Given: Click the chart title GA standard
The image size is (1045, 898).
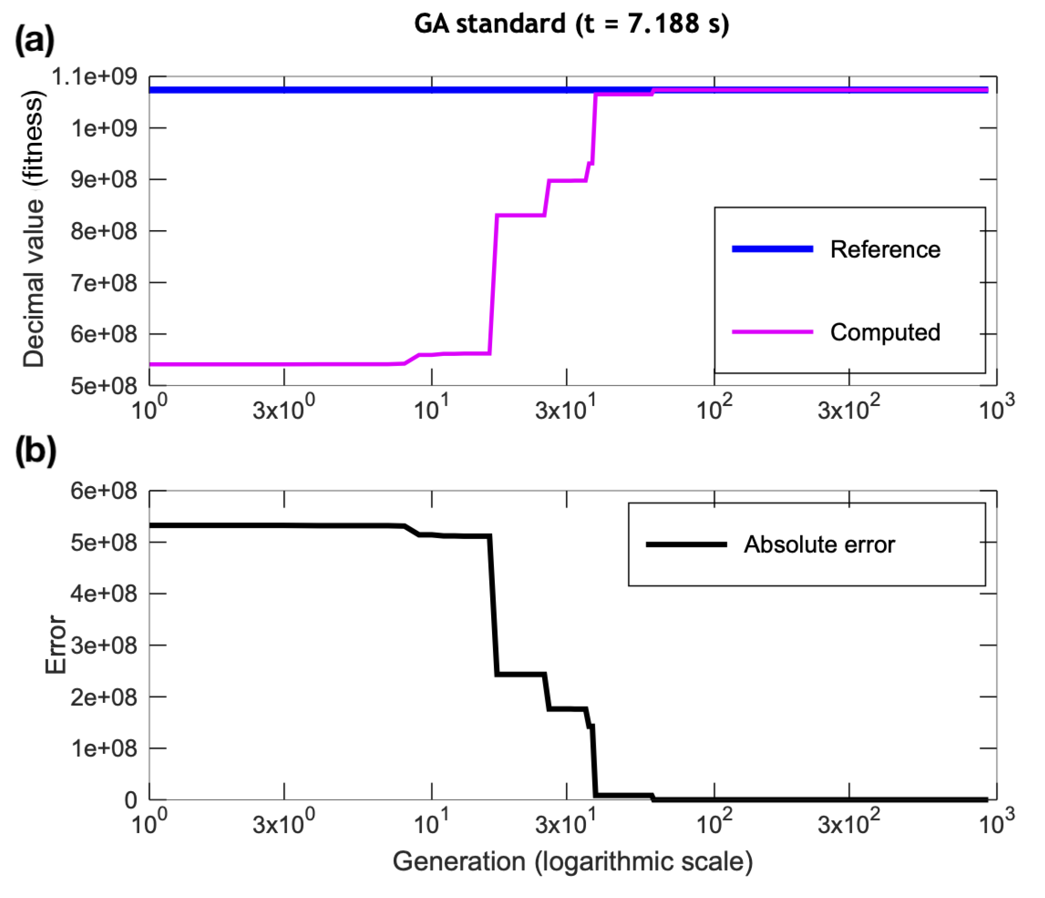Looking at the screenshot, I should tap(571, 24).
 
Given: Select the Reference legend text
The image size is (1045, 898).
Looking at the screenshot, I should tap(885, 250).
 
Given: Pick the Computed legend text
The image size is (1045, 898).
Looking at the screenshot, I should tap(885, 333).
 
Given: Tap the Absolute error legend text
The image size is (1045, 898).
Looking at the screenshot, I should tap(819, 545).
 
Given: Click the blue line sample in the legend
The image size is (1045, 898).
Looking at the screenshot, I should tap(772, 249).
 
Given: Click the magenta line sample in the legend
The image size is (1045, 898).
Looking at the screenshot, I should tap(772, 332).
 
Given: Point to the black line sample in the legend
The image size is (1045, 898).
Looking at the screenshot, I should tap(686, 544).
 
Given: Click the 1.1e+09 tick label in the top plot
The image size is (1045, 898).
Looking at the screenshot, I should tap(94, 77).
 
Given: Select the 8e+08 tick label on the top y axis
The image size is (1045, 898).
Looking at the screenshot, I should tap(103, 232).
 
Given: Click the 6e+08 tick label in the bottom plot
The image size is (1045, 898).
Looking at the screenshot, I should tap(103, 491).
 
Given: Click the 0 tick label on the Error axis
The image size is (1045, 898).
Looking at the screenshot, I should tap(130, 800).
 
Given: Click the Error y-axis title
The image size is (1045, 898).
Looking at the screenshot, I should tap(55, 645).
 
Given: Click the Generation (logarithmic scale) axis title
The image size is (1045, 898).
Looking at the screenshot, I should tap(572, 861).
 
